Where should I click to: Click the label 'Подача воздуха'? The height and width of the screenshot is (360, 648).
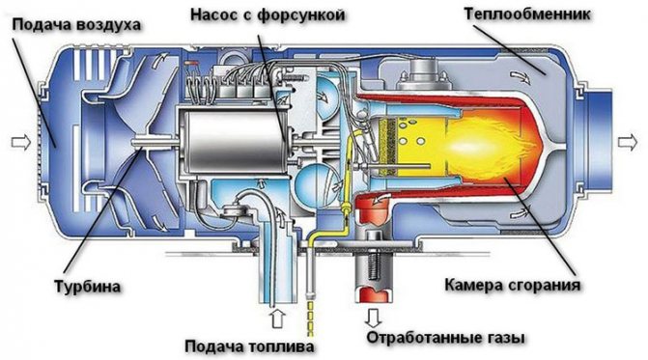click(77, 25)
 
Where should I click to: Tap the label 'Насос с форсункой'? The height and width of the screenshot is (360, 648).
click(268, 15)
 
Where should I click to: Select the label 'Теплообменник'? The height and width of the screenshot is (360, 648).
click(527, 14)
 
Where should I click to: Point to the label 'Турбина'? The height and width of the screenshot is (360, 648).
click(87, 286)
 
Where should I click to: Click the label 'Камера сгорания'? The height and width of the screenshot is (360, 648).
click(513, 285)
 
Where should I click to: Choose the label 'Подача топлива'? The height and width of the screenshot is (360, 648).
click(249, 346)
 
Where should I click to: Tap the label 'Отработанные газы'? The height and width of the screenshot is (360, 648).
click(445, 338)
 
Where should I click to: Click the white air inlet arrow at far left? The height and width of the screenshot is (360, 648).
click(21, 143)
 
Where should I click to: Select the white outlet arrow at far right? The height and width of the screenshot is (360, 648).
click(628, 143)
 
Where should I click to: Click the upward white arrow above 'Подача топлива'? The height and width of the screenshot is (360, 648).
click(278, 318)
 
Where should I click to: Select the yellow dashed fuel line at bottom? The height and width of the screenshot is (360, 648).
click(310, 318)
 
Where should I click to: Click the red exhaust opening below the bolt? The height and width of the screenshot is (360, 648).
click(374, 294)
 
